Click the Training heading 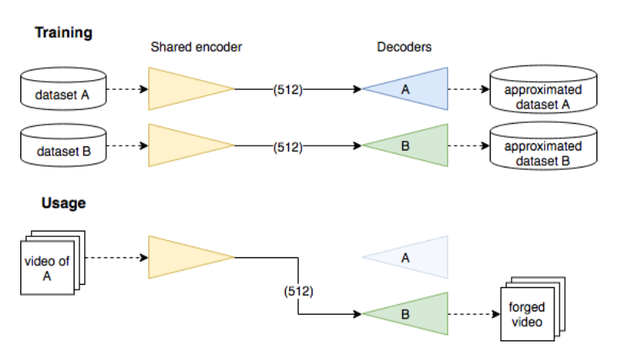63,33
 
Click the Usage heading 63,203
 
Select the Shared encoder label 196,47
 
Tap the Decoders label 404,47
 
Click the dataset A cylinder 63,91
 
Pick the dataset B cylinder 63,147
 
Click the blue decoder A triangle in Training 413,89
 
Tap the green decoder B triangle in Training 413,146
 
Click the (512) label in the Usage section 300,290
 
